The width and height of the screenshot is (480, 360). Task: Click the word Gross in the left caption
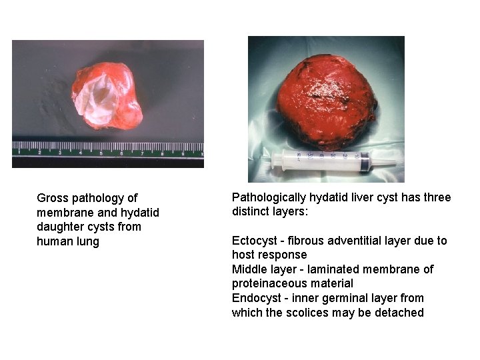point(52,198)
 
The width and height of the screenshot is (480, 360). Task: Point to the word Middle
point(248,269)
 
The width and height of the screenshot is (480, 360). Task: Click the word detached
point(401,313)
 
